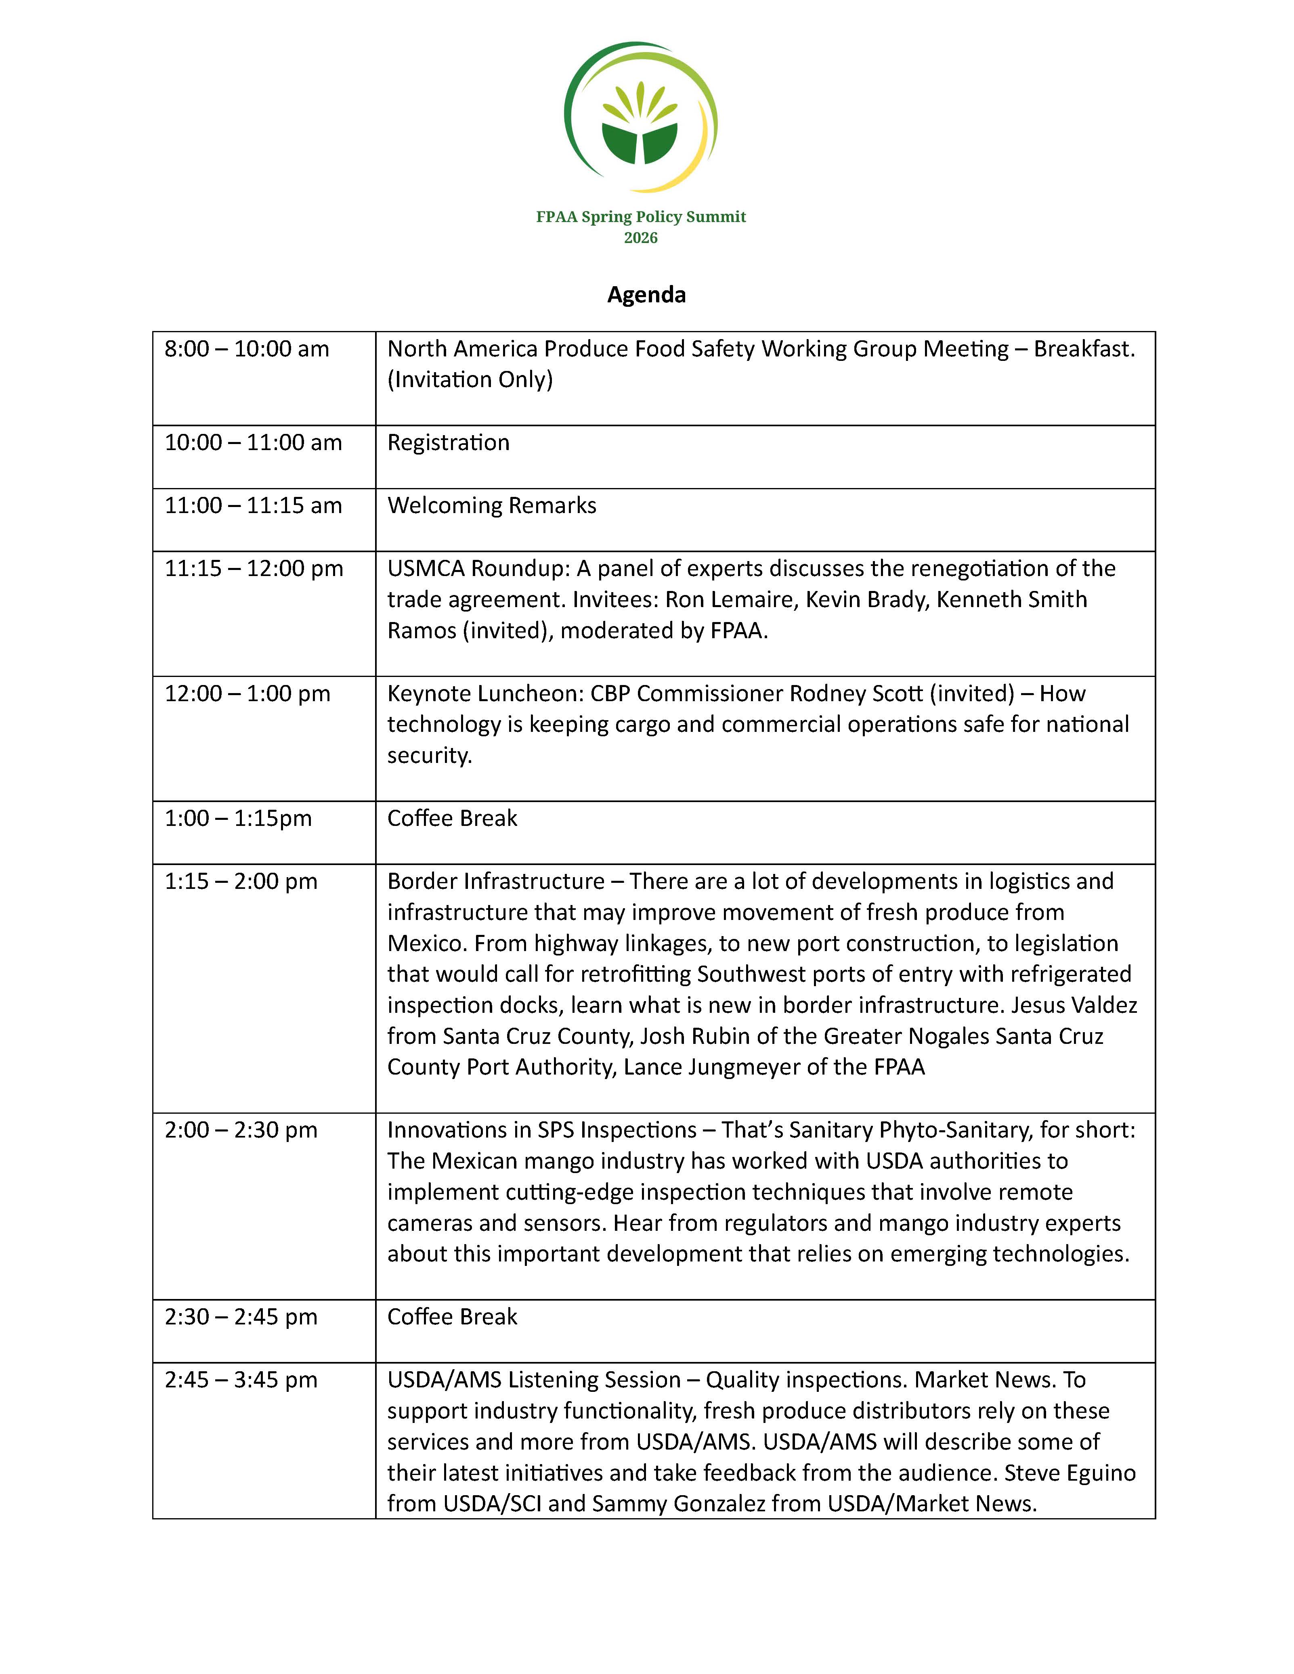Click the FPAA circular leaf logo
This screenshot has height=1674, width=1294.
click(x=641, y=117)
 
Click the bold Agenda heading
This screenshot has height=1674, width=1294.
click(x=646, y=295)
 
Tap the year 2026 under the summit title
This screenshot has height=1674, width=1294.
click(x=641, y=238)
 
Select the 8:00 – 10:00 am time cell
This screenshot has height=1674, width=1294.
click(x=247, y=350)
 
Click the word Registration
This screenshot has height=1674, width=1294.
click(x=449, y=443)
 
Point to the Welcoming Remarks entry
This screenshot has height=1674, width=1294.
click(x=491, y=506)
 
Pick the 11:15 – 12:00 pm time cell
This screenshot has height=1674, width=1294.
click(x=254, y=569)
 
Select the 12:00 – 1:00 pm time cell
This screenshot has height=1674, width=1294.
click(x=247, y=693)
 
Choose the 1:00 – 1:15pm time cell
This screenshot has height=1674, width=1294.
click(x=238, y=819)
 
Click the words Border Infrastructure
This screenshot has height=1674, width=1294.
click(x=496, y=882)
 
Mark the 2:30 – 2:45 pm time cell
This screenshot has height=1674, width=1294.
click(x=241, y=1317)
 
